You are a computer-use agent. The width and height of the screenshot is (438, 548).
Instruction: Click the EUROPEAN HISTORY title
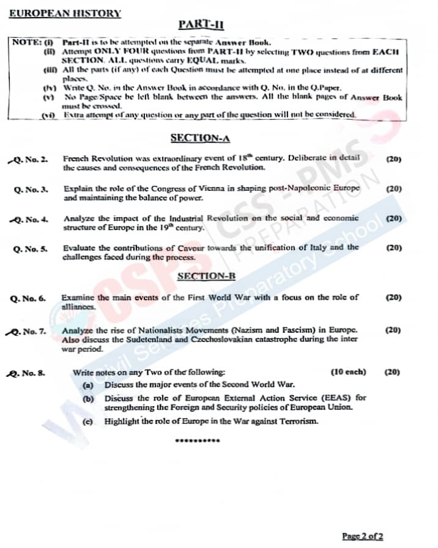pos(65,13)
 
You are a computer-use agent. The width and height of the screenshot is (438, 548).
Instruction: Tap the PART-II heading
pos(201,24)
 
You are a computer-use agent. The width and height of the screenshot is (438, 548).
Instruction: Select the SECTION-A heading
pos(200,138)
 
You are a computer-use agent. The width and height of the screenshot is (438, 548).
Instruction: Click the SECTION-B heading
pos(206,276)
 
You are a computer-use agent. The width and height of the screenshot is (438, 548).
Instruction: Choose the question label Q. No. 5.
pos(31,248)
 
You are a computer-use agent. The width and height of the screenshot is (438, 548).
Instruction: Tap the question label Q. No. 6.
pos(28,298)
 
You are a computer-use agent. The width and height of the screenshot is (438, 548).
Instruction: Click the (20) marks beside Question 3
pos(394,188)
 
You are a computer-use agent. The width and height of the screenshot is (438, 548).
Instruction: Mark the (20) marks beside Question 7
pos(393,330)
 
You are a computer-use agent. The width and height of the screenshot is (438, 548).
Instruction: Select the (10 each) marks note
pos(348,372)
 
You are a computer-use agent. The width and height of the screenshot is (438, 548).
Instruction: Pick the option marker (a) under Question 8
pos(88,385)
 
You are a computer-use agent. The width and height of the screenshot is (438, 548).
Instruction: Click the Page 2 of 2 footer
pos(362,536)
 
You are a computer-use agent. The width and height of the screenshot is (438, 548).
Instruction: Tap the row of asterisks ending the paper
pos(196,441)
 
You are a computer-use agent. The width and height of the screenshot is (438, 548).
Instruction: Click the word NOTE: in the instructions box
pos(26,43)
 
